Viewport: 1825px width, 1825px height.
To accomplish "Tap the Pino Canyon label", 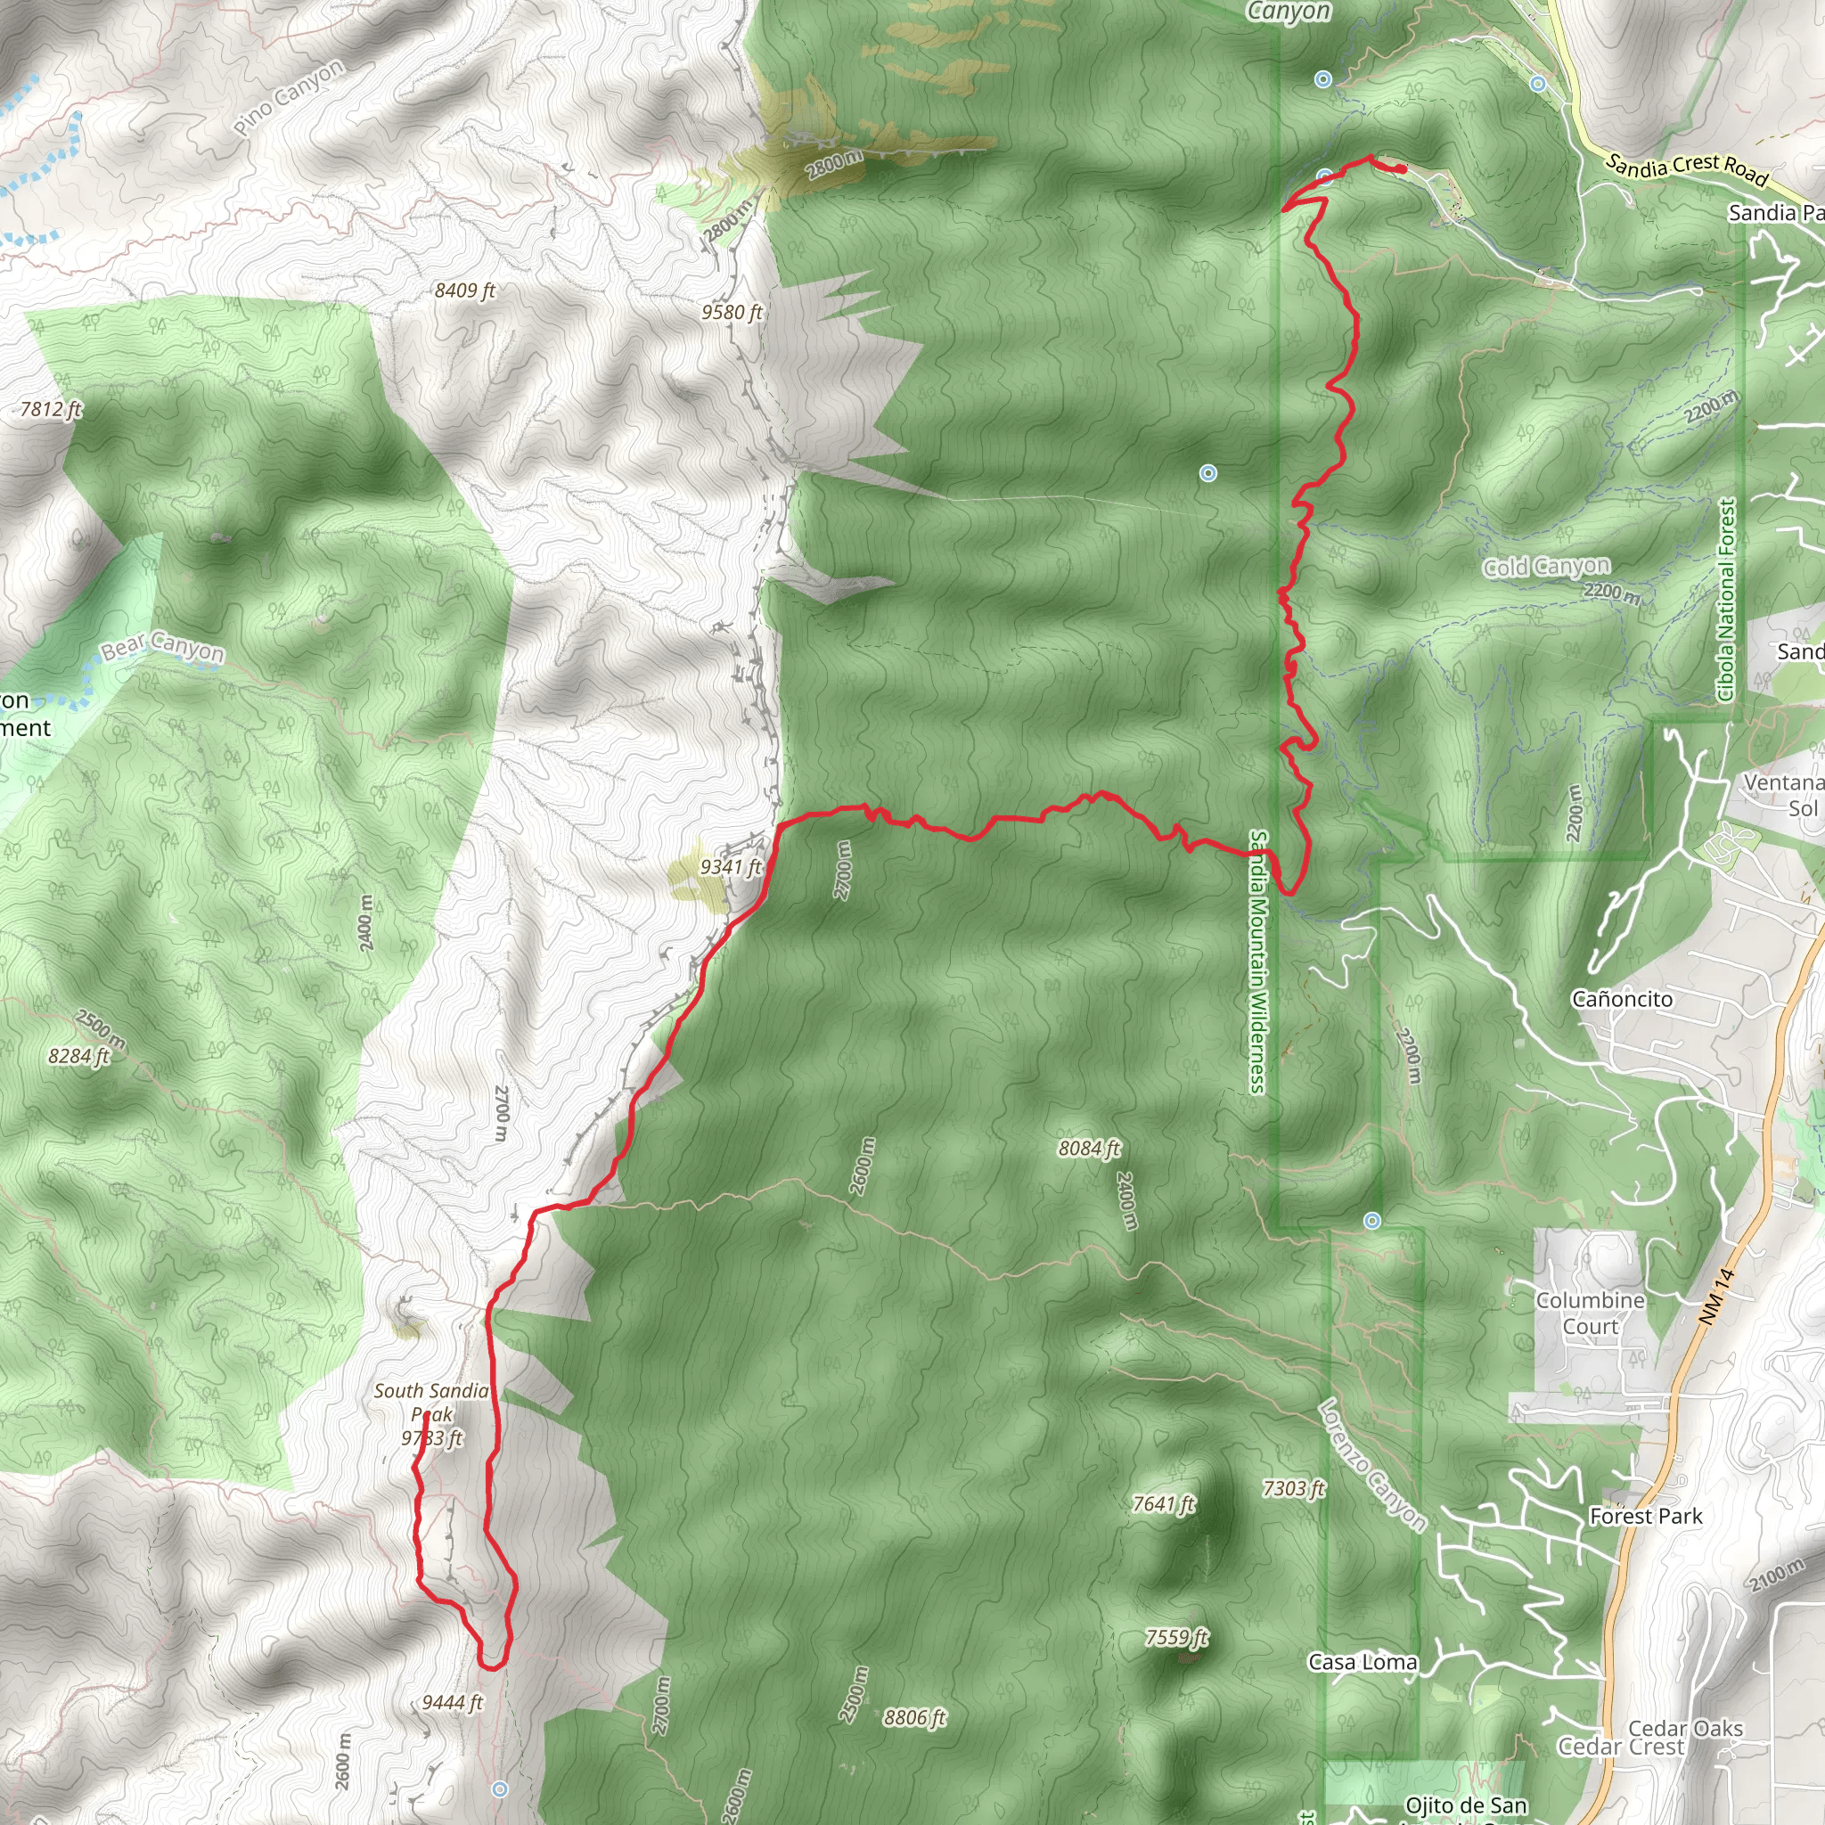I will (x=289, y=98).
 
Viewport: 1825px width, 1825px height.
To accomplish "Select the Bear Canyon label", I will (x=162, y=647).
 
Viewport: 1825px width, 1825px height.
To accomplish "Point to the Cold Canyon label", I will (x=1546, y=567).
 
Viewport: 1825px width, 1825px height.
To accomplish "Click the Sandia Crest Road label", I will (x=1686, y=169).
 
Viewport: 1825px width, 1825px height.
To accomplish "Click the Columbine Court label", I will (x=1591, y=1313).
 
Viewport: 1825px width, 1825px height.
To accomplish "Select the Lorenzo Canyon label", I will (x=1371, y=1464).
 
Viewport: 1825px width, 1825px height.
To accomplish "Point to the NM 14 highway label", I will (x=1715, y=1296).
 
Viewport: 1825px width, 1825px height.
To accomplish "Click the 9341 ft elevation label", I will (x=730, y=867).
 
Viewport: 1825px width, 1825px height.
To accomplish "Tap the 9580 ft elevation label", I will (x=732, y=312).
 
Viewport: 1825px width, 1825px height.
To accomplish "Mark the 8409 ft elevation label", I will (x=465, y=290).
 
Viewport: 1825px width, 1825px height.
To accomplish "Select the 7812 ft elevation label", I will (x=51, y=409).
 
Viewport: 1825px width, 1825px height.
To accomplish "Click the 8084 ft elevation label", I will (x=1089, y=1149).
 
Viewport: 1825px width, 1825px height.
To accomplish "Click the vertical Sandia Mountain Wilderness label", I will (x=1258, y=962).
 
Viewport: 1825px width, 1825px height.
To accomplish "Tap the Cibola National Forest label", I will (x=1727, y=601).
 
